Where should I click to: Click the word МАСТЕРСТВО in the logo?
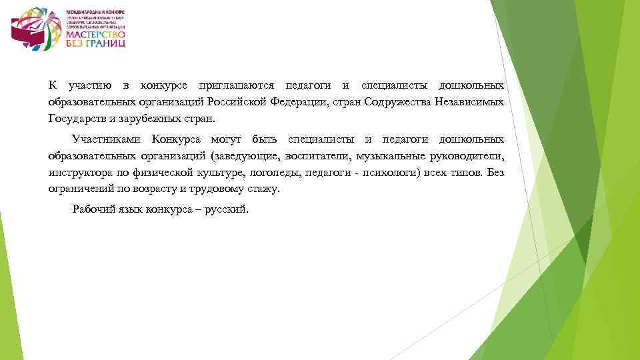(95, 33)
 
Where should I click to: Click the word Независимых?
(469, 103)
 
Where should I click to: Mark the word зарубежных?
(149, 120)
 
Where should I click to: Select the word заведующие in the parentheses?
(245, 157)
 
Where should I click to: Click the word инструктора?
(79, 173)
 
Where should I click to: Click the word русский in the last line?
(224, 209)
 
